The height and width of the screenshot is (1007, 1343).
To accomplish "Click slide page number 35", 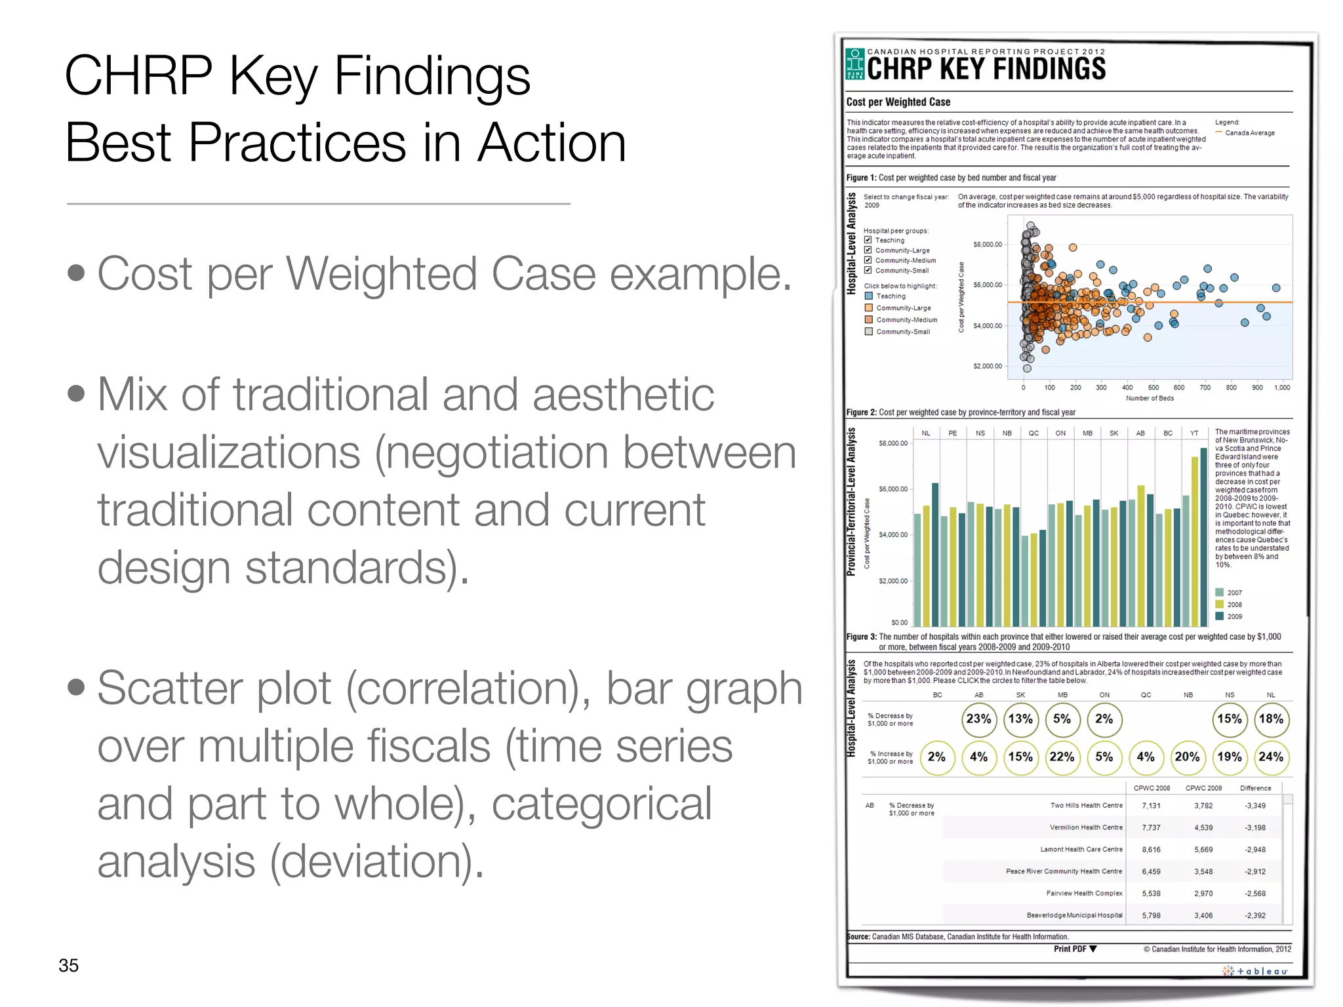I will click(68, 965).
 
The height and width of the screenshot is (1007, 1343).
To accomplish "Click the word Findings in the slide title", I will click(431, 75).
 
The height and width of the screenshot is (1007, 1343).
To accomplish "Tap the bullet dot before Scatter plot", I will click(76, 686).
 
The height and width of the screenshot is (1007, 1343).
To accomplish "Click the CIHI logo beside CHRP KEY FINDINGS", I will click(854, 64).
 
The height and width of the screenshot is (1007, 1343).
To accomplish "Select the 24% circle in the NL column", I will click(1270, 757).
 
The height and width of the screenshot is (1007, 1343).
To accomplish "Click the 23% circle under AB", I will click(978, 719).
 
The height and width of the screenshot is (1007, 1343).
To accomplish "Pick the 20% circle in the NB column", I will click(1187, 757).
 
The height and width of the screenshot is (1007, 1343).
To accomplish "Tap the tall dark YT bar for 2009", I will click(1203, 537).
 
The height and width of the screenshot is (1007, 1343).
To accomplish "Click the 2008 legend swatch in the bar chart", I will click(1219, 604).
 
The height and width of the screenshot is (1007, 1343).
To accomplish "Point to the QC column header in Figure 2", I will click(1033, 433).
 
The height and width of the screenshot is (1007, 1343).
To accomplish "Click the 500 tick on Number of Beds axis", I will click(1153, 387).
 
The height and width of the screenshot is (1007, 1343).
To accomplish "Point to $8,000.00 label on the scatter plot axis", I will click(987, 245).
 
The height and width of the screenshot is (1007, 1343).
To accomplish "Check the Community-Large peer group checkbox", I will click(868, 250).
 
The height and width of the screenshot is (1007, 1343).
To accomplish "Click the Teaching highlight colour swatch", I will click(869, 296).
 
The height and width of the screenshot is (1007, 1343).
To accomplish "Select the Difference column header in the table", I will click(1255, 788).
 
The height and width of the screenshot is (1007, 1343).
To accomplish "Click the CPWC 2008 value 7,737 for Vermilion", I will click(1151, 827).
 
